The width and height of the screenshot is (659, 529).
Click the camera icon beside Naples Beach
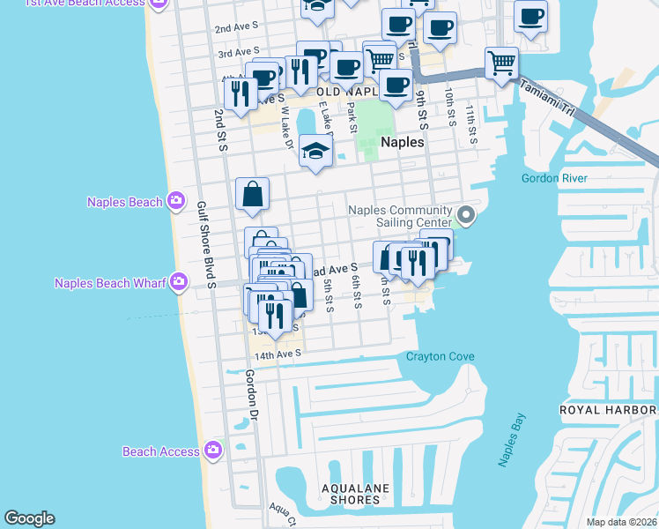point(177,202)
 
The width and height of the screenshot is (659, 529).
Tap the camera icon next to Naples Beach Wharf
point(179,282)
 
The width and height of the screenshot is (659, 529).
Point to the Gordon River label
point(554,178)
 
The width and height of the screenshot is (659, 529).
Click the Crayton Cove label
point(440,356)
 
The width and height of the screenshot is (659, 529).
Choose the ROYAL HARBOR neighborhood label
point(609,411)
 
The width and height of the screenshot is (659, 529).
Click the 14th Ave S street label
point(278,354)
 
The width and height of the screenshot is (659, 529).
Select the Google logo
point(29,518)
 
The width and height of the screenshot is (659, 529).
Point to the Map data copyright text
point(621,522)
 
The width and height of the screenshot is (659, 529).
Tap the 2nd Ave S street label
point(236,28)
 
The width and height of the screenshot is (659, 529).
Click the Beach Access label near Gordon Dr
point(161,451)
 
